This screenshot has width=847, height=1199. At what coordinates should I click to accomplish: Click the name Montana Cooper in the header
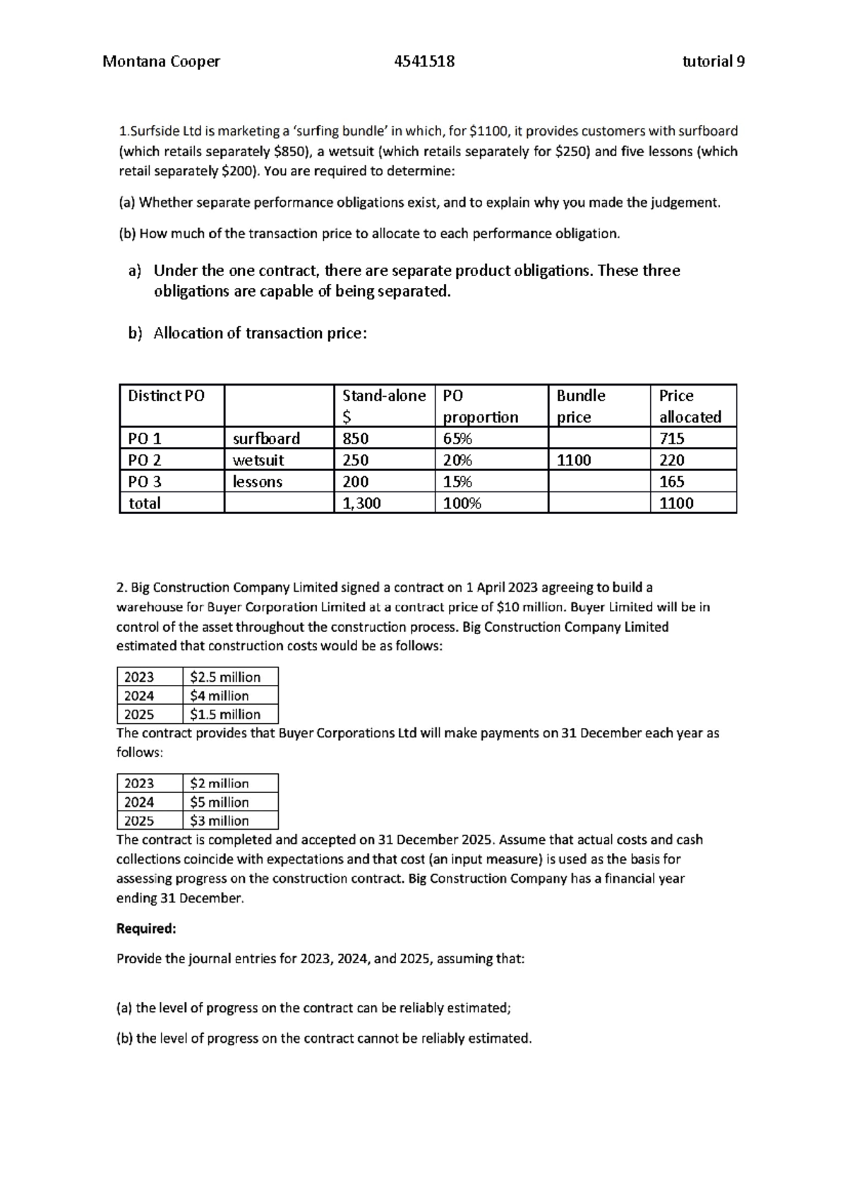(161, 61)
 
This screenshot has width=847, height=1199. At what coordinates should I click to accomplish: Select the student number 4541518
(424, 61)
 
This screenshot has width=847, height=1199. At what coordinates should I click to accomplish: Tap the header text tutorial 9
(713, 61)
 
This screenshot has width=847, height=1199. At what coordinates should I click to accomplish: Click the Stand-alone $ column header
(383, 405)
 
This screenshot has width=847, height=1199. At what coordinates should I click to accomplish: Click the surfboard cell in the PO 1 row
(266, 439)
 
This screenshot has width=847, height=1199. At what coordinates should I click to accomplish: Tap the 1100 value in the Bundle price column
(573, 460)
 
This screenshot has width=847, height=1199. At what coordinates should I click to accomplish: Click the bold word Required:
(146, 929)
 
